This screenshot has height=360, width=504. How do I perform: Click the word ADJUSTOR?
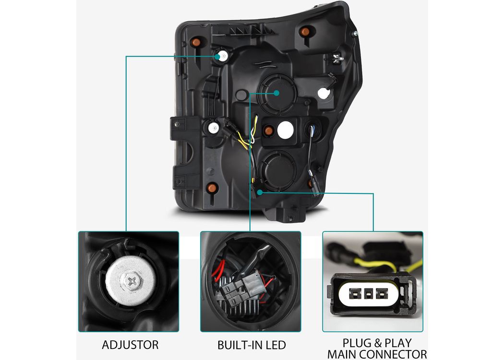point(130,345)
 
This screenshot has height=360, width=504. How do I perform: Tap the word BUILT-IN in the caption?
point(238,345)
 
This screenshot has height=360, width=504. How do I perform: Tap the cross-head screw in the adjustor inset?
point(132,282)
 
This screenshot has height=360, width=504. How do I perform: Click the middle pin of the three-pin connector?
point(368,293)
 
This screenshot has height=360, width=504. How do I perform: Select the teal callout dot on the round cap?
point(276,93)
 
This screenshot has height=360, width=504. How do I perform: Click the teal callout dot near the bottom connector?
point(260,192)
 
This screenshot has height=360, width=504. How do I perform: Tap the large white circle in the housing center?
point(286,130)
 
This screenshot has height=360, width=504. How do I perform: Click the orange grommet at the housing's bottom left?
point(212,188)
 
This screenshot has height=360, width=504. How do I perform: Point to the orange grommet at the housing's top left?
point(195,42)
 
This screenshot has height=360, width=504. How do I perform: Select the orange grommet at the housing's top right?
point(304,32)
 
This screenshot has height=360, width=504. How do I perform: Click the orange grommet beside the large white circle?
point(268,130)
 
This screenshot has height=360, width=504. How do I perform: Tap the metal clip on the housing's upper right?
point(337,58)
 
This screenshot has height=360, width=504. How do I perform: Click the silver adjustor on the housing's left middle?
point(214,128)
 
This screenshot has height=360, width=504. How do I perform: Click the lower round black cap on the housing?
point(278,169)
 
